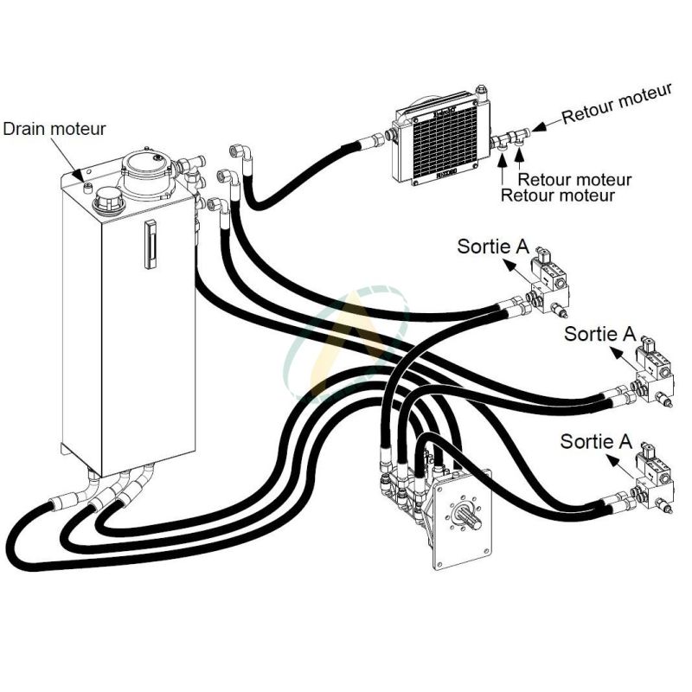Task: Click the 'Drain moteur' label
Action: tap(54, 129)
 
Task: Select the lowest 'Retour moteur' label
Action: tap(558, 195)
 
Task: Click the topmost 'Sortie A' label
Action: tap(492, 247)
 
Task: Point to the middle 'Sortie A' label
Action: tap(599, 333)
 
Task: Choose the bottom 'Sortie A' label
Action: tap(596, 441)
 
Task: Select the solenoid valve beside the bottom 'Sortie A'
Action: tap(653, 472)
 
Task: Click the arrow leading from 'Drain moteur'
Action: tap(78, 159)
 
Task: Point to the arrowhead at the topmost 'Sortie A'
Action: tap(508, 266)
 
